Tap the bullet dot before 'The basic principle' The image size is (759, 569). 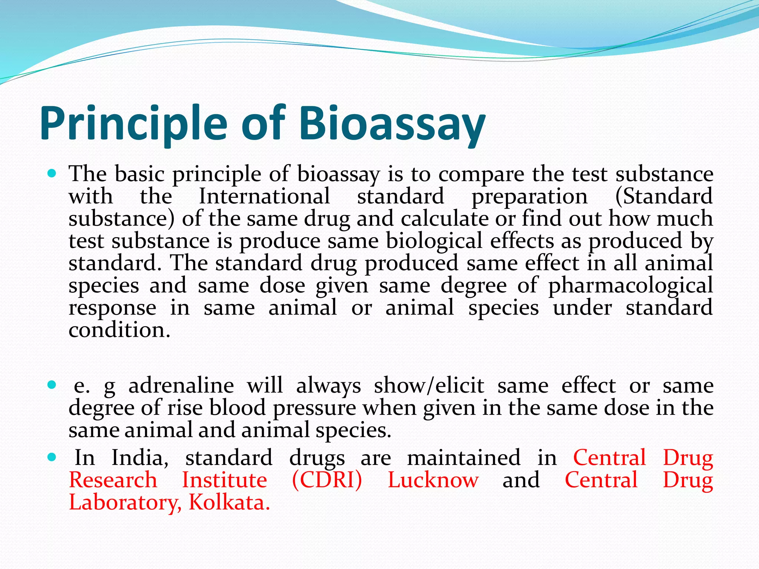point(52,173)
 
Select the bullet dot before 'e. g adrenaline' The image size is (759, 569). point(52,385)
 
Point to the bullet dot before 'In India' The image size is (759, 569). point(52,457)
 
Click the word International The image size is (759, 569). point(264,196)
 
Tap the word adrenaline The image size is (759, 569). point(181,386)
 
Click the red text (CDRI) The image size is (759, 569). point(327,480)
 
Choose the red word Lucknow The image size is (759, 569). point(433,480)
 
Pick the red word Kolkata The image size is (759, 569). point(229,503)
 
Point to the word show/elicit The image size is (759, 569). point(429,386)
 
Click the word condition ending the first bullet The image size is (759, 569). point(119,330)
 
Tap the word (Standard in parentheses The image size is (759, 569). point(664,196)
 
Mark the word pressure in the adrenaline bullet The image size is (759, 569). point(314,408)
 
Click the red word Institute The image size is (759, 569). point(224,480)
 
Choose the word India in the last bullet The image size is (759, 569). point(140,458)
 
